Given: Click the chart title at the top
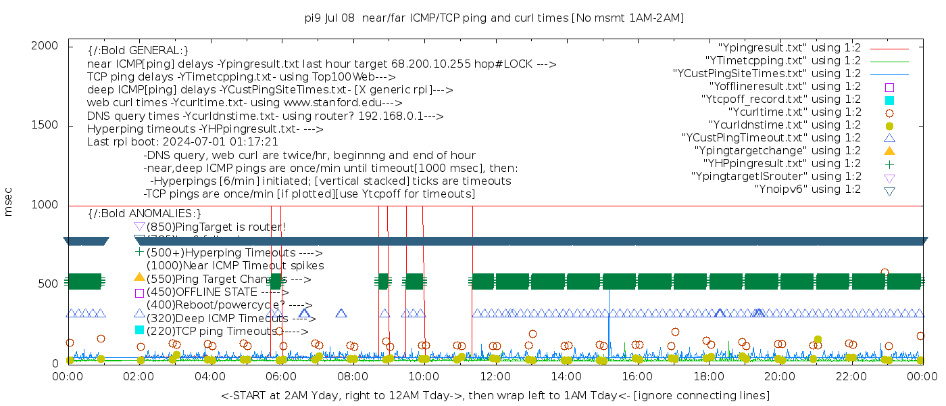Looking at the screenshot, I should tap(494, 18).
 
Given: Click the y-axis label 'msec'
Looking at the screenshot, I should tap(9, 204).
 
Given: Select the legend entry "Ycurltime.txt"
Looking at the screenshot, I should tap(794, 112).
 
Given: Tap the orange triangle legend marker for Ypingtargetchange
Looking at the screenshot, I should tap(889, 151).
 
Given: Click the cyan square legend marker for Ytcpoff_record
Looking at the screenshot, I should tap(889, 99).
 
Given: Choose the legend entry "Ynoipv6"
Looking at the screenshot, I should tap(807, 189).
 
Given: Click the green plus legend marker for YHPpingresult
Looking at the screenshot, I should tap(889, 164).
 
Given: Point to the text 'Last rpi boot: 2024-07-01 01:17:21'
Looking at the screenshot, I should tap(182, 142).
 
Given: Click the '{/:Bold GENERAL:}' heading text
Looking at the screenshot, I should tap(138, 51).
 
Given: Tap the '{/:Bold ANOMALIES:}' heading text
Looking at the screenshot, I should tap(145, 214).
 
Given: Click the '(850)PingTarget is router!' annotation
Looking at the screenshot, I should tap(216, 227).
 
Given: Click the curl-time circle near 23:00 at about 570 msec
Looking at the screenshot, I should tap(885, 273).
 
